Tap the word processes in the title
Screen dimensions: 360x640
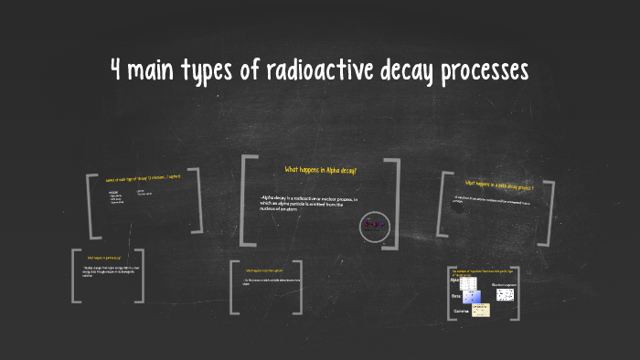(482, 72)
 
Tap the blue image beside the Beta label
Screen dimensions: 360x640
(472, 296)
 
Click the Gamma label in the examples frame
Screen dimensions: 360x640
(461, 312)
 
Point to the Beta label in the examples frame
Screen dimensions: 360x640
(456, 296)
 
